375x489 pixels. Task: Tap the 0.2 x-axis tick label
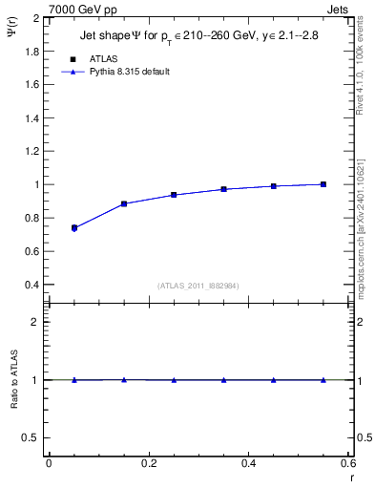148,463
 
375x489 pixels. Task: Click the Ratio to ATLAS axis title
14,379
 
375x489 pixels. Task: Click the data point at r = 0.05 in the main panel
73,228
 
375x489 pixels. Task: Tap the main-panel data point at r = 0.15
124,203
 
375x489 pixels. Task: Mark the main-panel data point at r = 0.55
323,184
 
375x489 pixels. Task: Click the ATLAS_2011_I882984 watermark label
198,285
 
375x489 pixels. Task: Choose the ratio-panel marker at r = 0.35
223,380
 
